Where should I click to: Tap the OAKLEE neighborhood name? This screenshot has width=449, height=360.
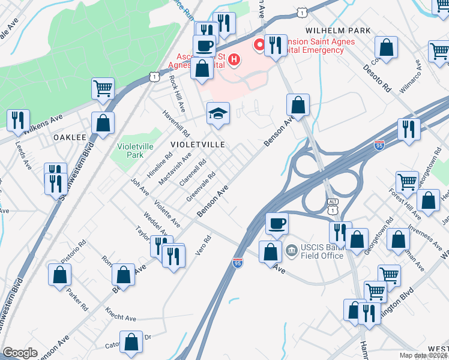(x=70, y=137)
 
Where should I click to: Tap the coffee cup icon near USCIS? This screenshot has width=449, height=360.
(x=277, y=223)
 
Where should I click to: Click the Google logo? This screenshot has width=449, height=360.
(x=20, y=353)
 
